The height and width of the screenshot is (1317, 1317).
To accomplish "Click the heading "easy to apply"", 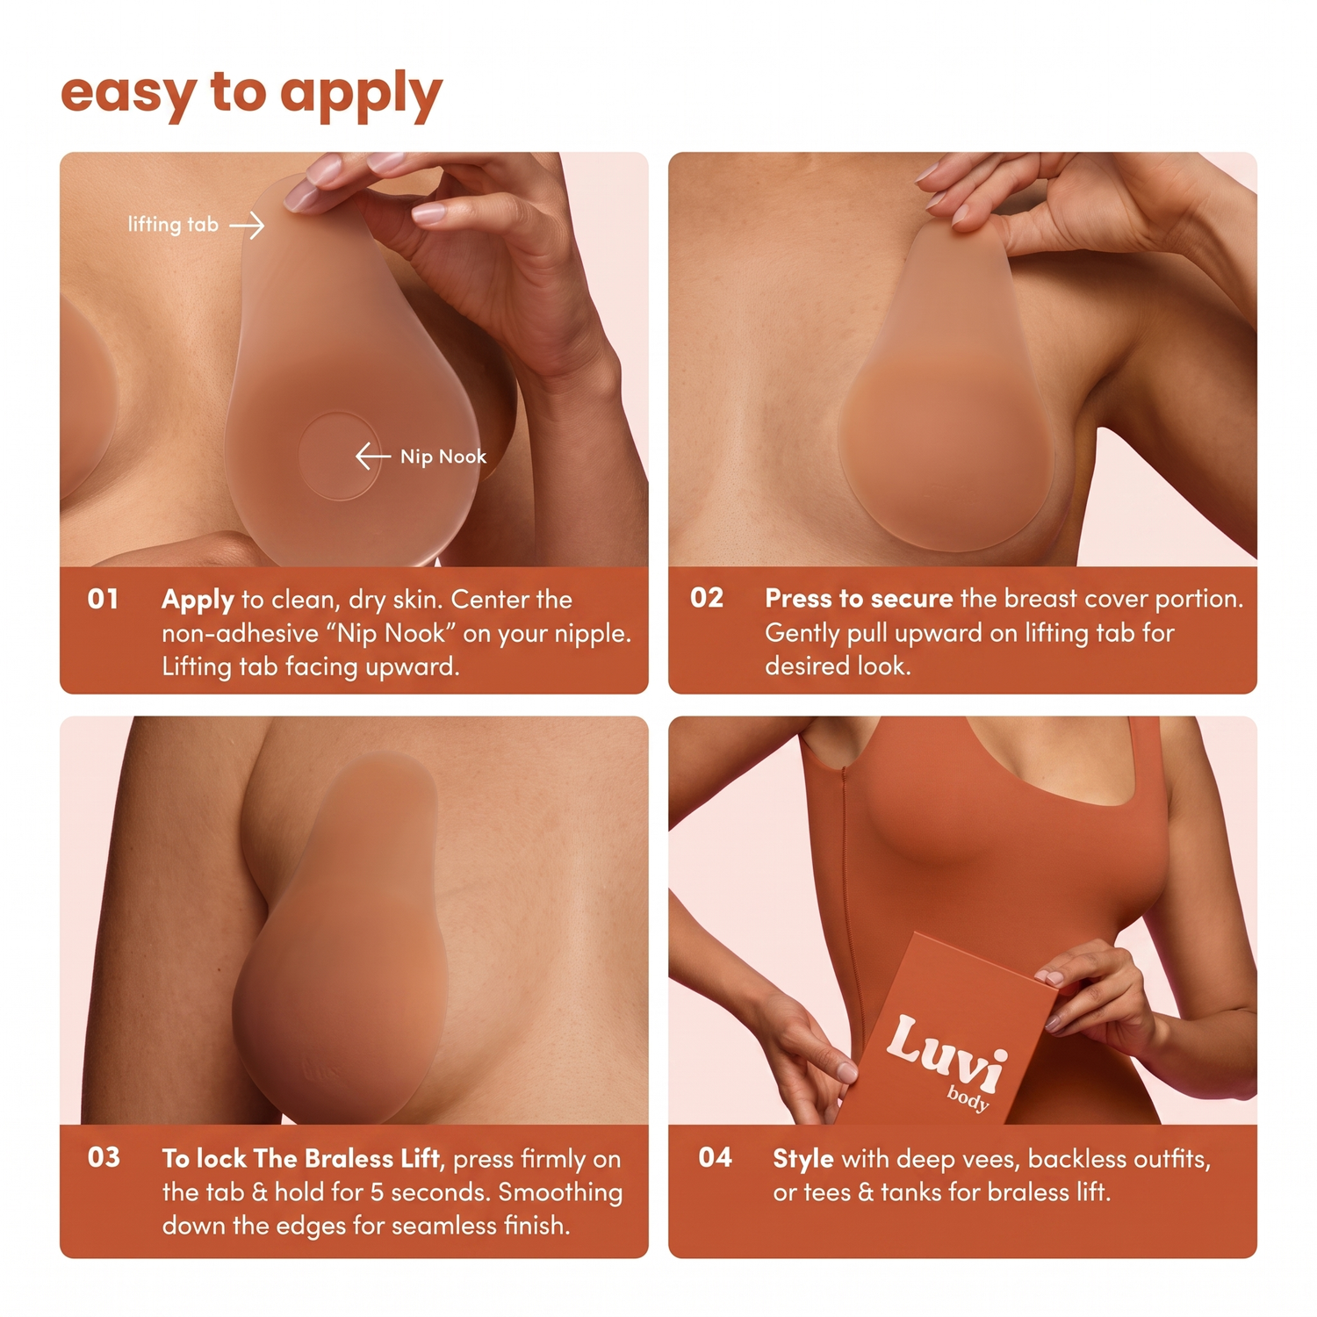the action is click(251, 94).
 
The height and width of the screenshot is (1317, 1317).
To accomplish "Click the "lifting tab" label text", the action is click(173, 225).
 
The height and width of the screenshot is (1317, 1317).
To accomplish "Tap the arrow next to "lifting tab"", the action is click(247, 226).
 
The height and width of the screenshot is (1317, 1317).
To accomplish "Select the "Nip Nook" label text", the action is click(443, 457).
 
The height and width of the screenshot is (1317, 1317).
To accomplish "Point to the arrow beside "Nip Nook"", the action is click(373, 456).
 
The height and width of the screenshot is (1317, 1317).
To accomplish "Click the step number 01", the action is click(103, 599).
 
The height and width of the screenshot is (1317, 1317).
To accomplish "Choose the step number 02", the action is click(707, 598).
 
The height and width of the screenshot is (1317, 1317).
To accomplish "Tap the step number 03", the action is click(104, 1157).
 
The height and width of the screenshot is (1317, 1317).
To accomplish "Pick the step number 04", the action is click(715, 1157).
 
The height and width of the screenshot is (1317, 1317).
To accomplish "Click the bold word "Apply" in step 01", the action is click(198, 601).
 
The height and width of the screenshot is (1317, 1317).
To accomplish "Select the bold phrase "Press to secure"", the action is click(859, 599).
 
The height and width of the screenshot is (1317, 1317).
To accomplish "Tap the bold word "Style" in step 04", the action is click(803, 1159).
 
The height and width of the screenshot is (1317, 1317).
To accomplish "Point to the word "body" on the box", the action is click(968, 1099).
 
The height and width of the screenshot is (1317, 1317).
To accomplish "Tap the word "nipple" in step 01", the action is click(588, 634).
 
